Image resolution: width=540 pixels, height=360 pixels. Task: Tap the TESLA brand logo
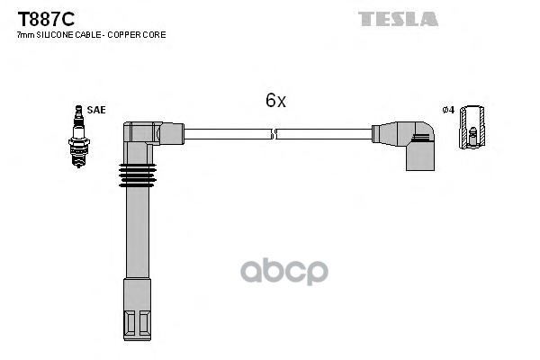(x=398, y=18)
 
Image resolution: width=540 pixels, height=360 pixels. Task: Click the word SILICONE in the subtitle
(x=52, y=35)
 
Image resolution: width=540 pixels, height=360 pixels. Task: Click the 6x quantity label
(x=275, y=102)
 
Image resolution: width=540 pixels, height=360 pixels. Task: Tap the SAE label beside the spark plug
(x=96, y=110)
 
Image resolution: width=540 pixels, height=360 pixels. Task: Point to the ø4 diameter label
(x=447, y=110)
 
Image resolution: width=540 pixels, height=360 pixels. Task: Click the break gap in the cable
(x=274, y=134)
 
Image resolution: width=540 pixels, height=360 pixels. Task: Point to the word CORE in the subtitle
(x=155, y=35)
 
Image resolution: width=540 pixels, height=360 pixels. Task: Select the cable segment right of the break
(x=324, y=134)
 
